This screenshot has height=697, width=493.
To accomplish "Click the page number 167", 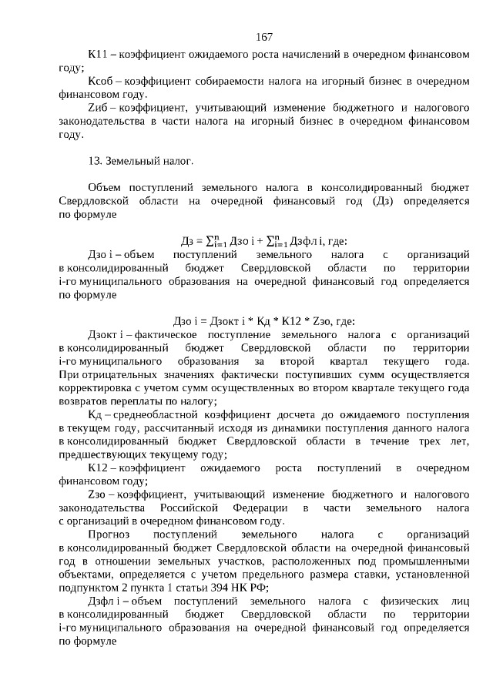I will click(263, 37).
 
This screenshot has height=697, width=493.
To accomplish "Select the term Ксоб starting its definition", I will click(100, 82).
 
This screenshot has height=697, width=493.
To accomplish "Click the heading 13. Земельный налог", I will click(140, 161).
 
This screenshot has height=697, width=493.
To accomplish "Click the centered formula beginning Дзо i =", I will click(264, 321).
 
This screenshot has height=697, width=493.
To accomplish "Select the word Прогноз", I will click(110, 535).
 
